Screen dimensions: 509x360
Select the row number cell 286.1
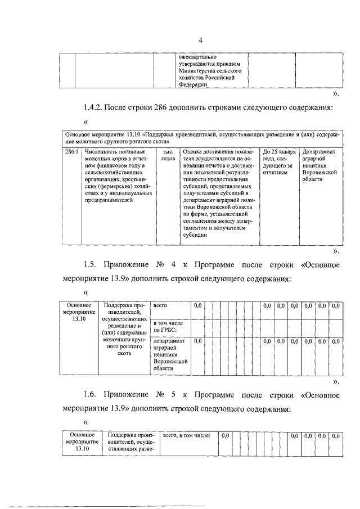coord(70,152)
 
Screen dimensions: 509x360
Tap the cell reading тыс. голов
coord(167,155)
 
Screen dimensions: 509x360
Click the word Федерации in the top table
coord(192,84)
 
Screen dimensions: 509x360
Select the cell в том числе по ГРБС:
coord(170,327)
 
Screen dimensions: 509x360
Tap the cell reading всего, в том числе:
coord(186,435)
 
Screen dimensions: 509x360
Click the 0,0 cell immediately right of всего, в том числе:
coord(224,435)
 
